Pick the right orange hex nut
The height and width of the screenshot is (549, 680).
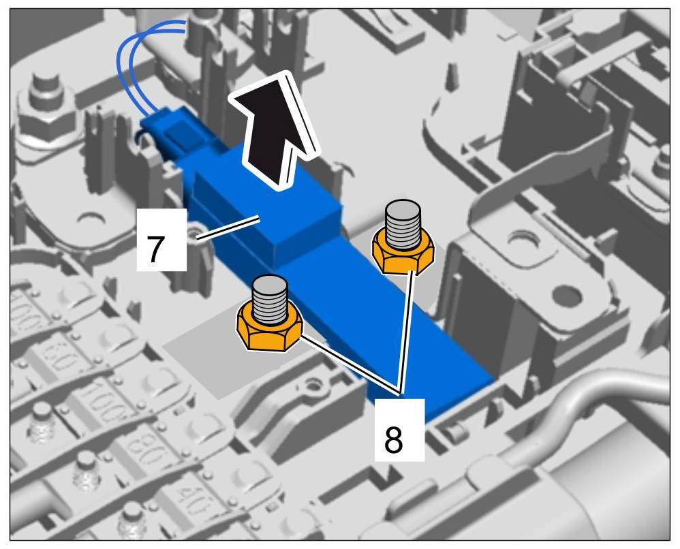[x=403, y=252]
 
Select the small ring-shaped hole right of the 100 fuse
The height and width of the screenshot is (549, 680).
[x=315, y=387]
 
